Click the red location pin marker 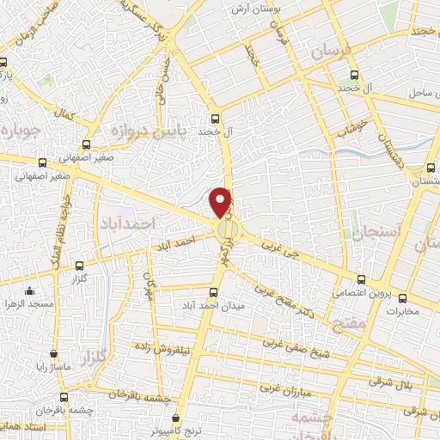point(223,202)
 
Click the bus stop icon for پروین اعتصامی point(361,279)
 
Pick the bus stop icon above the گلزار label point(80,266)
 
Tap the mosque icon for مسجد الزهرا point(30,290)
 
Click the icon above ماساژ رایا point(54,353)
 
